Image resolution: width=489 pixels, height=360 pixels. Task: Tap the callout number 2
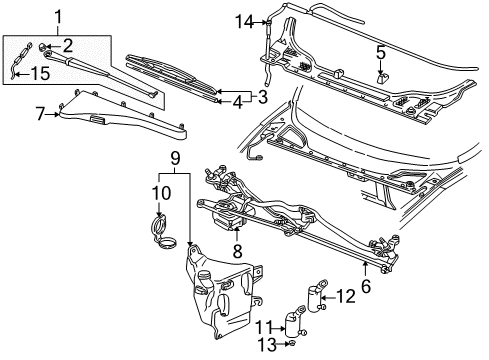coord(68,46)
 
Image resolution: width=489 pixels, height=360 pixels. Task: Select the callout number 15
coord(37,74)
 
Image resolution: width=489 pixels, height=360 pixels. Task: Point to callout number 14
coord(243,20)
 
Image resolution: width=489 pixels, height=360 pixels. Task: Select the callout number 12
coord(344,296)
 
